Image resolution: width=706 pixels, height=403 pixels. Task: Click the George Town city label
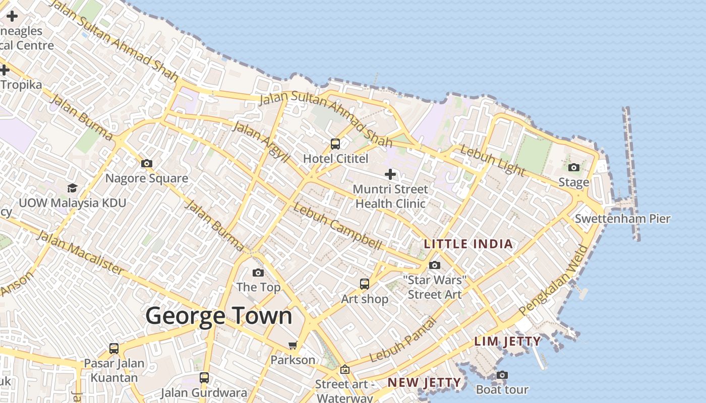(x=219, y=316)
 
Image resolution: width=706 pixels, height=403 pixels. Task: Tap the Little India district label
(x=468, y=244)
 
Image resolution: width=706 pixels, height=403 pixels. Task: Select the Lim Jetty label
(x=507, y=342)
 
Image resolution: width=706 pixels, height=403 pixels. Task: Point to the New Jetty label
(x=424, y=383)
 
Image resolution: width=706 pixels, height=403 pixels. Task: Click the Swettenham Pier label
(x=622, y=219)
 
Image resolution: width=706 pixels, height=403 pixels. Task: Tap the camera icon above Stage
(x=573, y=168)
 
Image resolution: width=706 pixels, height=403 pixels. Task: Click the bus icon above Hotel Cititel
(x=335, y=144)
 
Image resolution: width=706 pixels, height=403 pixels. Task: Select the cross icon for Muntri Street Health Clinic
(x=390, y=174)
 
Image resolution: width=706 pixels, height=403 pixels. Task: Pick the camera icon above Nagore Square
(x=147, y=163)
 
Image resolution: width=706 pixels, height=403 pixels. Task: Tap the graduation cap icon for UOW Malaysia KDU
(x=73, y=188)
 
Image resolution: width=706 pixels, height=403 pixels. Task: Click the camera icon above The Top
(x=258, y=273)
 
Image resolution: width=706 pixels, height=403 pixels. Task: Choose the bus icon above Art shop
(x=365, y=284)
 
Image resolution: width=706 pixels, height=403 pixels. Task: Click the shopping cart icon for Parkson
(x=292, y=346)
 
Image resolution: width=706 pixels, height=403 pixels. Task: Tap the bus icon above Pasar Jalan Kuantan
(x=114, y=349)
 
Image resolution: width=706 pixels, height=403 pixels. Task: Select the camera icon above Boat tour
(x=502, y=375)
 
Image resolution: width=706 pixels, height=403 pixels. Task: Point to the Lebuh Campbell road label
(x=337, y=226)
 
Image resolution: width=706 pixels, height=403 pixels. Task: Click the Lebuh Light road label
(x=492, y=160)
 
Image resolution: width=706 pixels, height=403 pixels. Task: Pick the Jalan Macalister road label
(x=80, y=253)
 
